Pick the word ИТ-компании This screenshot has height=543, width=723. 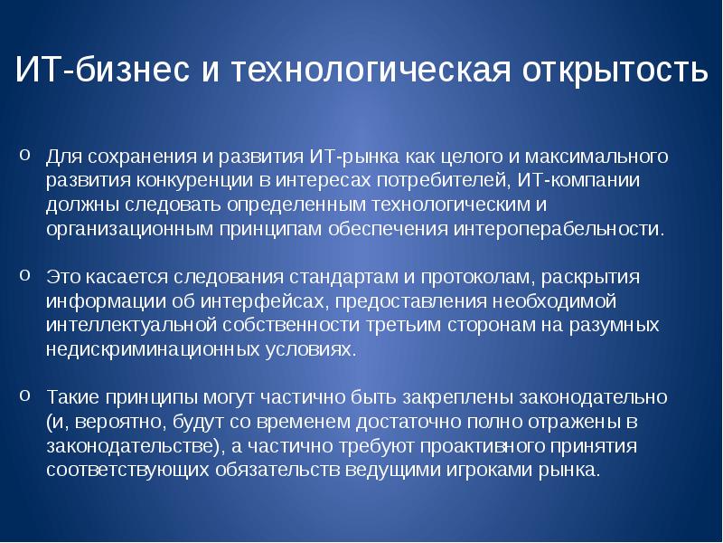[x=587, y=179]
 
